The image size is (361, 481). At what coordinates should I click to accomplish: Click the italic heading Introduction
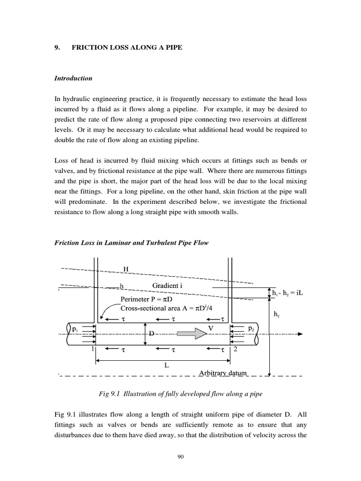click(73, 78)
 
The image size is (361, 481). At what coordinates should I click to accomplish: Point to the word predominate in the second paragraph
click(85, 202)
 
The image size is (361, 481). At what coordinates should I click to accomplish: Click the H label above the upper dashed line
click(126, 269)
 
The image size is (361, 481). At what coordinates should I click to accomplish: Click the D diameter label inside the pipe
click(151, 334)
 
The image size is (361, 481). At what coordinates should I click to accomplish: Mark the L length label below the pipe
click(166, 365)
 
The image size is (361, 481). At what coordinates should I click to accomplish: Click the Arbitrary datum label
click(222, 373)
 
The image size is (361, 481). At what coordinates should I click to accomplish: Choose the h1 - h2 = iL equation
click(289, 293)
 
